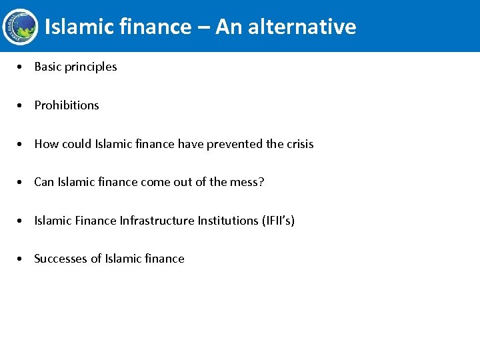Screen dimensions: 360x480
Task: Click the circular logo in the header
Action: point(19,26)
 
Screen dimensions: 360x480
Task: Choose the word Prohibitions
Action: point(67,105)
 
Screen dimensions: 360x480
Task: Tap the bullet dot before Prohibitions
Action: point(23,105)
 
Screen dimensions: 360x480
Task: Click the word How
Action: point(47,144)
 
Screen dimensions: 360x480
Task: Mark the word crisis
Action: point(300,144)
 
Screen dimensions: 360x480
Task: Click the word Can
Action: point(44,182)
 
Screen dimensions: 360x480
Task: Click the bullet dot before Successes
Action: point(23,259)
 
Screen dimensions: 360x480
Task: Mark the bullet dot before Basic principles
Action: point(23,67)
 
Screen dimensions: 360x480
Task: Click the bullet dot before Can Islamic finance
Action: point(23,182)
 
